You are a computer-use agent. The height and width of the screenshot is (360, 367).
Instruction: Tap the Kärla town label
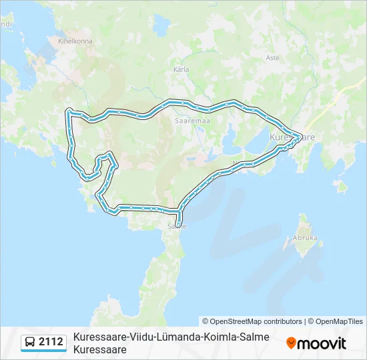[x=181, y=69]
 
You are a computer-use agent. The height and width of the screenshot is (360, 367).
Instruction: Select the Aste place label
[x=272, y=58]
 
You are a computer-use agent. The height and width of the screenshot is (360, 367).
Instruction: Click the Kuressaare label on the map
[x=292, y=137]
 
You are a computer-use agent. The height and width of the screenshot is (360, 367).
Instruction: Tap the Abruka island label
[x=305, y=237]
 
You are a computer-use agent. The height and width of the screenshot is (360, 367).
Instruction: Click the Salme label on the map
[x=177, y=226]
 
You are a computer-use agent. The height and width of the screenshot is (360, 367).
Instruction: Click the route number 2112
[x=51, y=343]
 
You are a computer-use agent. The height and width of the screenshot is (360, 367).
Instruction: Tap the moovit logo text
[x=322, y=343]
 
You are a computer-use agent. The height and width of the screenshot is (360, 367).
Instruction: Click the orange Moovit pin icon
[x=292, y=343]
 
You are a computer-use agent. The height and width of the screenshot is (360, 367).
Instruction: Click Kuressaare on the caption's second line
[x=100, y=349]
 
